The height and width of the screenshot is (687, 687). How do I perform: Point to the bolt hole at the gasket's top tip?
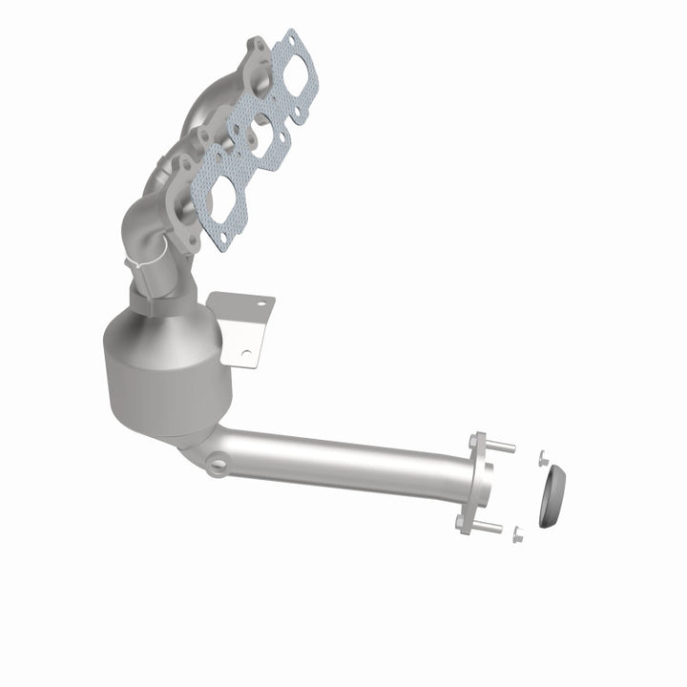[293, 40]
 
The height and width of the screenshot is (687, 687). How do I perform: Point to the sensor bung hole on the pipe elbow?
[219, 466]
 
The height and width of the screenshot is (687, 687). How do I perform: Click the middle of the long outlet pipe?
[343, 457]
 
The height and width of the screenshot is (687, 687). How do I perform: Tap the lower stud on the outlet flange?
[489, 527]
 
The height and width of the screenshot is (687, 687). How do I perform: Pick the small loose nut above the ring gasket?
[541, 457]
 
